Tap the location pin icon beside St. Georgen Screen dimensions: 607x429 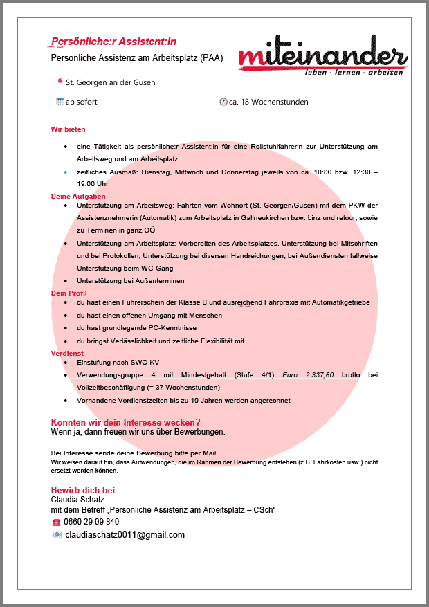point(60,82)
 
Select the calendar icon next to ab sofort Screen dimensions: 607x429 point(60,102)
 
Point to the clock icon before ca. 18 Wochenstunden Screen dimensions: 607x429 point(223,102)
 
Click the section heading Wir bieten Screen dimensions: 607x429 point(68,129)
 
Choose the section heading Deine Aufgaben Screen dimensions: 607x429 point(78,197)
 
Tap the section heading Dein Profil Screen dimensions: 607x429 point(69,293)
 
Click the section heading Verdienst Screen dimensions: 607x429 point(67,353)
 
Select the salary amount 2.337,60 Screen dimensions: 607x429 point(320,374)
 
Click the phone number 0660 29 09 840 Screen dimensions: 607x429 point(91,522)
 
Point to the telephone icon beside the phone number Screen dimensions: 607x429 point(56,522)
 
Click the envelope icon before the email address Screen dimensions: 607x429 point(57,535)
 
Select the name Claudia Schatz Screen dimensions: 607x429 point(77,500)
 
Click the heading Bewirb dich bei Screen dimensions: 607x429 point(83,490)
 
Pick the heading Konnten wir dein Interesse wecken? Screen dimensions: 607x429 point(126,422)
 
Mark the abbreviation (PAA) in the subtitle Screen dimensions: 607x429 point(212,58)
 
